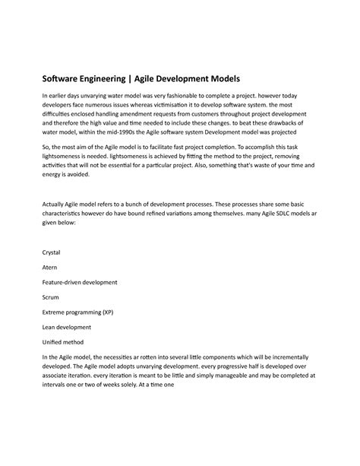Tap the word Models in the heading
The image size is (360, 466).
click(x=220, y=78)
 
